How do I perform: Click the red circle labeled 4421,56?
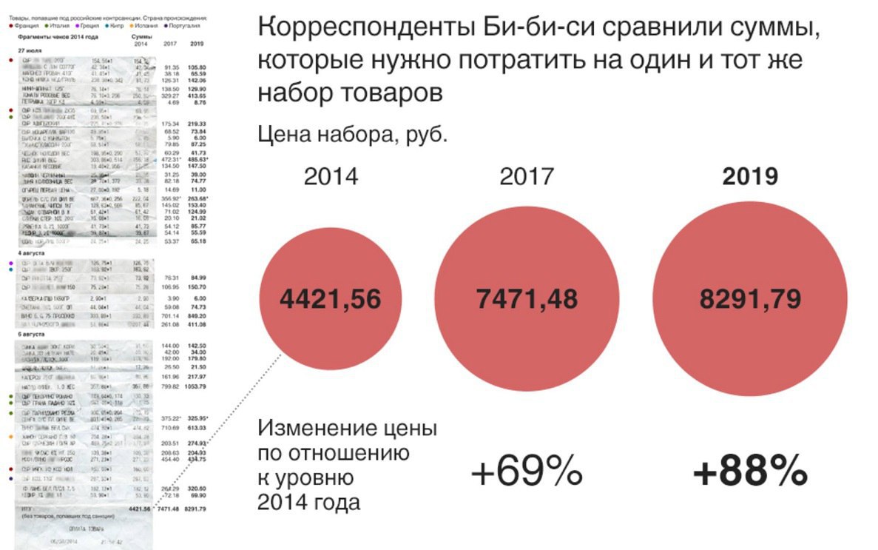tap(331, 299)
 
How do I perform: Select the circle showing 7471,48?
tap(527, 299)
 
